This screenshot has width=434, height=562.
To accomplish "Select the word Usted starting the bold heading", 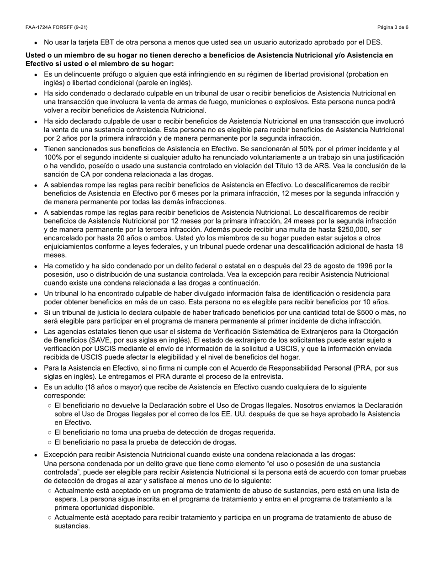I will tap(35, 55).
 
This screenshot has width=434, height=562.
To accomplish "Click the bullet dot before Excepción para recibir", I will tap(36, 455).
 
